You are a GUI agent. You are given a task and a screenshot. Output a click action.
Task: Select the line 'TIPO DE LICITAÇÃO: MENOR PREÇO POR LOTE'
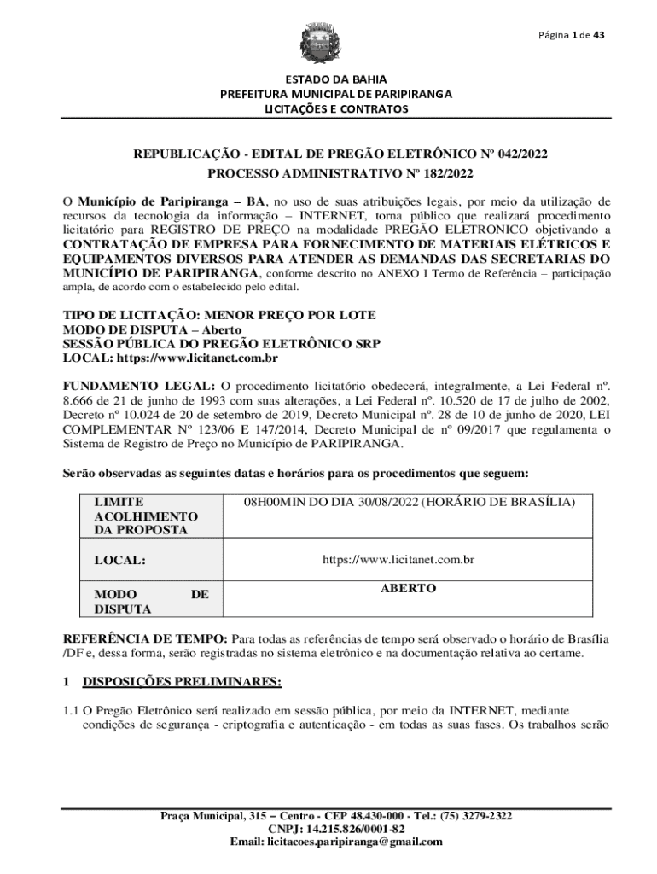click(219, 315)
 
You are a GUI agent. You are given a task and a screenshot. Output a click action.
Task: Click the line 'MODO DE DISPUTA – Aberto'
click(153, 329)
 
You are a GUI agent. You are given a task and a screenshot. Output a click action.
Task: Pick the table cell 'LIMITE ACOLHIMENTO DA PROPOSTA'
click(146, 516)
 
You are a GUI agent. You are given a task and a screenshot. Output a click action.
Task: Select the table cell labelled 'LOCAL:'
click(119, 561)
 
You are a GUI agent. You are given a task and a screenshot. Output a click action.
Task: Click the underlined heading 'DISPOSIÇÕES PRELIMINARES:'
click(181, 682)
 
